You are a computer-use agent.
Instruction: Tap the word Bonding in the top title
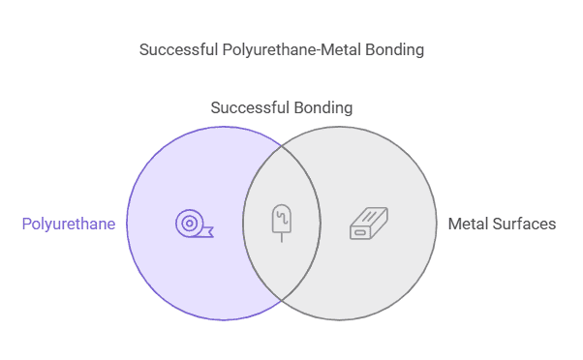(x=397, y=49)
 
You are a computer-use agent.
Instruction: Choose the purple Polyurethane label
(x=69, y=225)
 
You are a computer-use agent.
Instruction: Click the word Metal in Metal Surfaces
(x=469, y=225)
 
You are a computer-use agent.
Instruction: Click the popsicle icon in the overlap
(x=282, y=222)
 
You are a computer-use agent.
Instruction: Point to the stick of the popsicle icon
(x=282, y=236)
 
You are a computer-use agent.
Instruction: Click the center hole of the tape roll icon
(x=189, y=224)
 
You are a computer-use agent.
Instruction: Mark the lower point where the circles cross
(x=282, y=300)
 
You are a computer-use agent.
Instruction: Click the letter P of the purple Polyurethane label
(x=26, y=225)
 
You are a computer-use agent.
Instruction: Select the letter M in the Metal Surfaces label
(x=455, y=225)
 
